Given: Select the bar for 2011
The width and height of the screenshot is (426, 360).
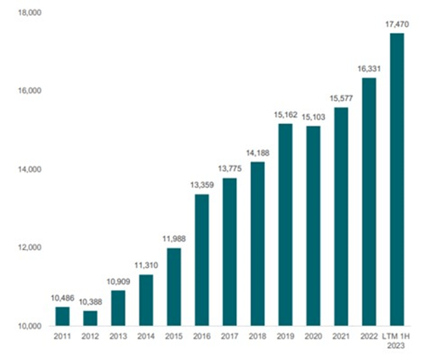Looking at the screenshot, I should tap(63, 316).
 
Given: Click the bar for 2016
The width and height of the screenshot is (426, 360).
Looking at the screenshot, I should tap(202, 260).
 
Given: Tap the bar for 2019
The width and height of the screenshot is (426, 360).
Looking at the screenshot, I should tap(285, 224).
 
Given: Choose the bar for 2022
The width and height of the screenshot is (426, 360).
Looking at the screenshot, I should tap(369, 201).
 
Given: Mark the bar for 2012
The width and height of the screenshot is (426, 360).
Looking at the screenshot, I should tap(90, 318).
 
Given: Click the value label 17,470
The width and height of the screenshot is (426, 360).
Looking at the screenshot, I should tap(397, 25).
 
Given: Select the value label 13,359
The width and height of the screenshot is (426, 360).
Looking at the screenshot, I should tap(202, 186).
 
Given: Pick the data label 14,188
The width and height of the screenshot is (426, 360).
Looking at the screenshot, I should tap(258, 154).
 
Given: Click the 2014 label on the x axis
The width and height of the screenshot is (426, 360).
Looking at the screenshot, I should tap(146, 337).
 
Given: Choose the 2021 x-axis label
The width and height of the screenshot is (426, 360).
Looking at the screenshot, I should tap(341, 337).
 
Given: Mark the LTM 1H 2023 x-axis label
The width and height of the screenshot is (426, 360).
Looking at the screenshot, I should tap(397, 341).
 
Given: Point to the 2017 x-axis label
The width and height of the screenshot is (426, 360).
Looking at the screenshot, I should tap(230, 337).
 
